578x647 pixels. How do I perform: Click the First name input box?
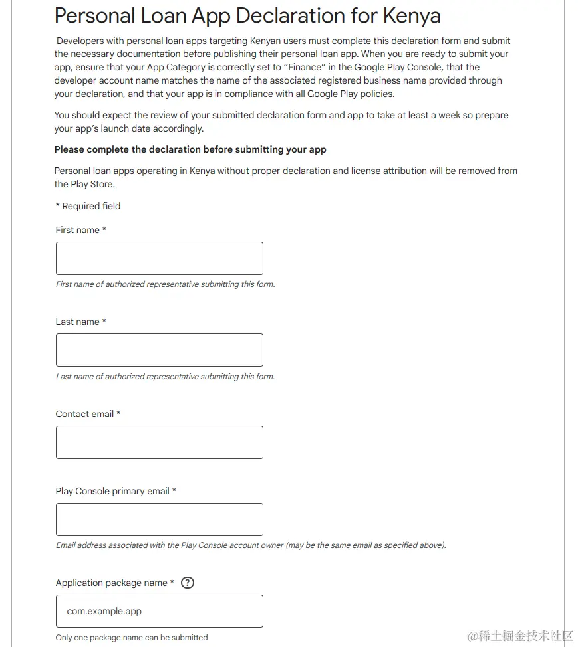[159, 258]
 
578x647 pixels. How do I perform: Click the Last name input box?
[159, 350]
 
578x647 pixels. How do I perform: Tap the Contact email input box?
[159, 442]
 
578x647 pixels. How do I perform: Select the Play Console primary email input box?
[159, 519]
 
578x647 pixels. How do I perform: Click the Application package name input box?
[159, 611]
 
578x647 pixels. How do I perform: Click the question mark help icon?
[188, 583]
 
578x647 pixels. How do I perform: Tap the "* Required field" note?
[88, 206]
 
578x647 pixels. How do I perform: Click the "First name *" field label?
[80, 230]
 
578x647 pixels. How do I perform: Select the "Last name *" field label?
[80, 322]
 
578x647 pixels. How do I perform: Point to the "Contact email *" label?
[88, 414]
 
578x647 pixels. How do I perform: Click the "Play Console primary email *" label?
[116, 491]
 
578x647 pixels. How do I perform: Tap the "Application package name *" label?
[114, 583]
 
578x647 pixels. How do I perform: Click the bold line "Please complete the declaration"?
[190, 149]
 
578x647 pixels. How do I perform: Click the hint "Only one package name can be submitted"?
[132, 638]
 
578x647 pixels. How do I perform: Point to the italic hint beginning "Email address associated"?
[251, 545]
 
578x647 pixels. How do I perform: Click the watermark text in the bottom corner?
[520, 636]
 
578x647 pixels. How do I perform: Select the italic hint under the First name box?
[165, 284]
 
